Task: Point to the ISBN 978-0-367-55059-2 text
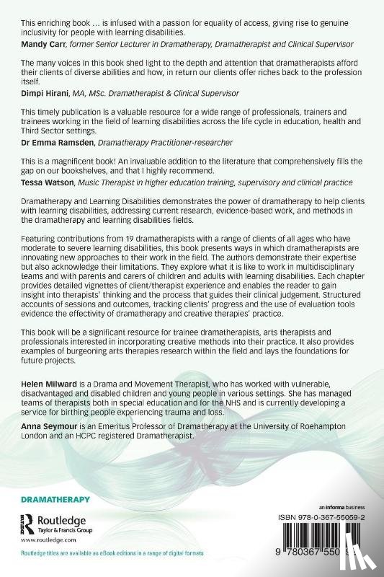pos(316,516)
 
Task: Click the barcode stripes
pos(318,541)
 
